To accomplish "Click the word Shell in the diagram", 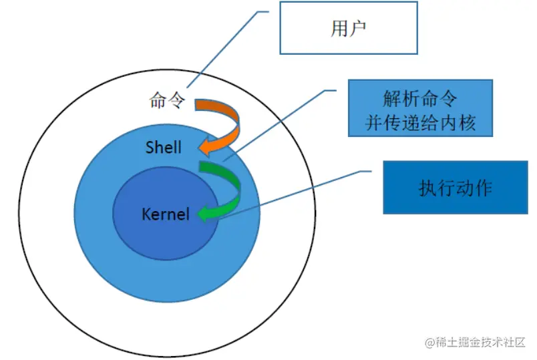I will pyautogui.click(x=163, y=146).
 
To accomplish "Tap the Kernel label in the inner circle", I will pyautogui.click(x=166, y=214).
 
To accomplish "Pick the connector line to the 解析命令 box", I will pyautogui.click(x=281, y=124).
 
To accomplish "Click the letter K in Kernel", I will pyautogui.click(x=146, y=214).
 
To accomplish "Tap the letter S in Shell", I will pyautogui.click(x=150, y=146).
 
